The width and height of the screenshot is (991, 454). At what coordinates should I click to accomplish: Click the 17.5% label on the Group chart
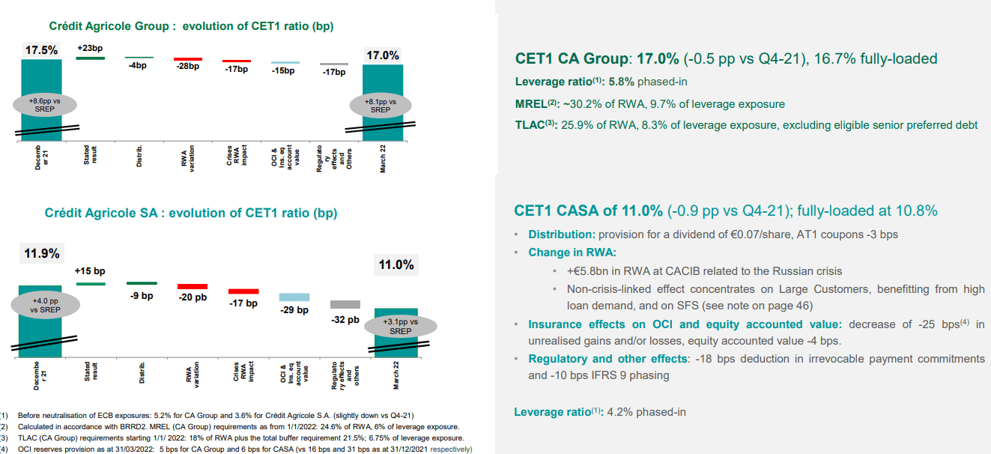pyautogui.click(x=41, y=49)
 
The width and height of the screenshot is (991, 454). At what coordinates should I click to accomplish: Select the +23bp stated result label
pyautogui.click(x=89, y=47)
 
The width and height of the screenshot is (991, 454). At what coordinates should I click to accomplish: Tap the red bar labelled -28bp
pyautogui.click(x=187, y=58)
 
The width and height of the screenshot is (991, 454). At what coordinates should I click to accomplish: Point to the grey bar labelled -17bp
pyautogui.click(x=333, y=64)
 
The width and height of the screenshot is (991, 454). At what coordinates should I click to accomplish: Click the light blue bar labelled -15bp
pyautogui.click(x=285, y=63)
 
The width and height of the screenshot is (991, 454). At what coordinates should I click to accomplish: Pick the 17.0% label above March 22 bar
pyautogui.click(x=383, y=55)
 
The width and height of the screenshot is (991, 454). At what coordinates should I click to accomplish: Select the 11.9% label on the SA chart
pyautogui.click(x=42, y=253)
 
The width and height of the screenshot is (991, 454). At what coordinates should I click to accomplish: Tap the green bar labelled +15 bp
pyautogui.click(x=90, y=283)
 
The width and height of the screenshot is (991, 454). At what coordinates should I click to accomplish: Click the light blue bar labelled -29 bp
pyautogui.click(x=294, y=297)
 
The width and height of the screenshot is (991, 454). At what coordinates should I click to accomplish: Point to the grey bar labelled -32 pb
pyautogui.click(x=345, y=304)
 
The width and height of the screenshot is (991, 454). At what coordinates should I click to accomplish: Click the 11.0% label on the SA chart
pyautogui.click(x=396, y=265)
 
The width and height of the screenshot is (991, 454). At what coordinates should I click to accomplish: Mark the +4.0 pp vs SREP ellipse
pyautogui.click(x=45, y=305)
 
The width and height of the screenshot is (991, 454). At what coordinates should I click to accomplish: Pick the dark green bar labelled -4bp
pyautogui.click(x=139, y=57)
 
